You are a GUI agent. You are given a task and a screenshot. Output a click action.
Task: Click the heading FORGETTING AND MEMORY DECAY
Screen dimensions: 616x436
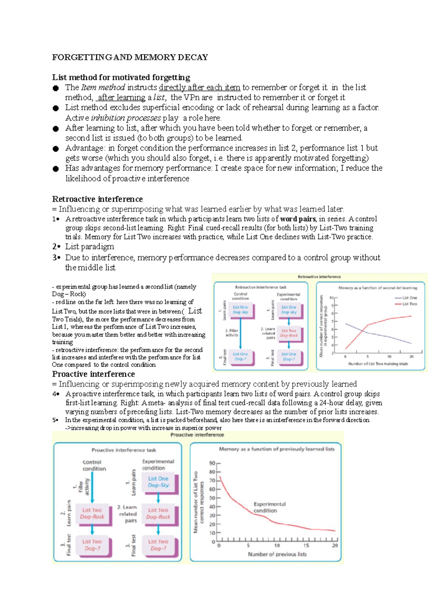pyautogui.click(x=130, y=57)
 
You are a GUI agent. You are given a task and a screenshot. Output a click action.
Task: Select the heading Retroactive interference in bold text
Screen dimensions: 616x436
pyautogui.click(x=97, y=199)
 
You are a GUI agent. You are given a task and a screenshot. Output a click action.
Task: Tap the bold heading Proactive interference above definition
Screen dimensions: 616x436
pyautogui.click(x=93, y=374)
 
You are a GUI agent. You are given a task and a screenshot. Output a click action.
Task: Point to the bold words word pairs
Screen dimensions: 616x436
pyautogui.click(x=298, y=219)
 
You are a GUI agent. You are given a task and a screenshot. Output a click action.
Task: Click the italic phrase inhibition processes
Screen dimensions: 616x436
pyautogui.click(x=126, y=118)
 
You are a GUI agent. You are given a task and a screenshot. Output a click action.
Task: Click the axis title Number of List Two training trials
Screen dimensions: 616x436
pyautogui.click(x=378, y=364)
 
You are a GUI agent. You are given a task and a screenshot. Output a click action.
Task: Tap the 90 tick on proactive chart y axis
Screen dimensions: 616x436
pyautogui.click(x=212, y=463)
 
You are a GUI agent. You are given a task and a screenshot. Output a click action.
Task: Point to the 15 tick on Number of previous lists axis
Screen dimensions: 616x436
pyautogui.click(x=306, y=545)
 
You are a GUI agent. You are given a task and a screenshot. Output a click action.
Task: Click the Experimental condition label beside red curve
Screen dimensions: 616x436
pyautogui.click(x=269, y=507)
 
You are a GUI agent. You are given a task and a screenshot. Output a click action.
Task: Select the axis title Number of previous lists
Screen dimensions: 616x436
pyautogui.click(x=277, y=554)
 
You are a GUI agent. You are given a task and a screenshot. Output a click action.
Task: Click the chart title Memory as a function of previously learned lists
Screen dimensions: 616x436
pyautogui.click(x=276, y=449)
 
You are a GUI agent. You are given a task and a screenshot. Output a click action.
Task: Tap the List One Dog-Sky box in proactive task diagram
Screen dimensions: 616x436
pyautogui.click(x=158, y=482)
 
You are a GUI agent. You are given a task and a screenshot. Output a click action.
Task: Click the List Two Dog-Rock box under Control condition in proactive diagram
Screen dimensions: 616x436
pyautogui.click(x=92, y=513)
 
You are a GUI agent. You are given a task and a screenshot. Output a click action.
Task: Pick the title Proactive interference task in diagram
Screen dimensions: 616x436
pyautogui.click(x=124, y=450)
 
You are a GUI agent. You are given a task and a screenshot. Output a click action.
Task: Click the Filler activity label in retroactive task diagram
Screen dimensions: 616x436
pyautogui.click(x=232, y=333)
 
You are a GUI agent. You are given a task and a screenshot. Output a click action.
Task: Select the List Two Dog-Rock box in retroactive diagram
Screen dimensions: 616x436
pyautogui.click(x=289, y=333)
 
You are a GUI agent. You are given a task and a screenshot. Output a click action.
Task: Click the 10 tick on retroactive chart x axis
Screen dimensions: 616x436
pyautogui.click(x=389, y=356)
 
